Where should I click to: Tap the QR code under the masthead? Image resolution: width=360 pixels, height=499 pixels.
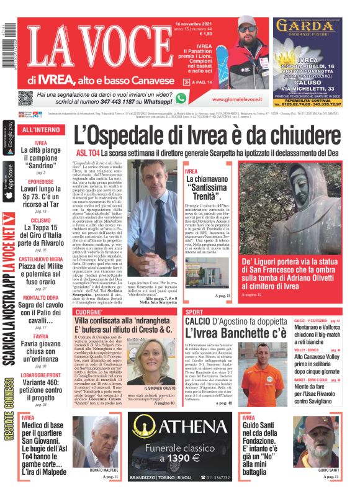pyautogui.click(x=25, y=99)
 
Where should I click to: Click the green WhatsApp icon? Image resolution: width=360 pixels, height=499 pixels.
pyautogui.click(x=181, y=98)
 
